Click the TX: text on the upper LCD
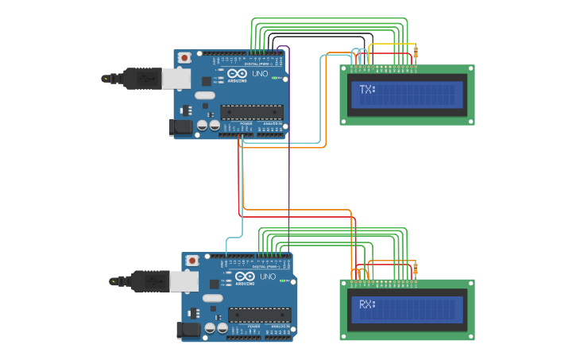(367, 90)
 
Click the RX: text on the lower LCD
(367, 304)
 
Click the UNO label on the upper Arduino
(260, 73)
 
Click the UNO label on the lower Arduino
(268, 277)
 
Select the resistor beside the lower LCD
(415, 268)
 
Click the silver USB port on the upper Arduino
(177, 78)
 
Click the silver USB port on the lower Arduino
(185, 281)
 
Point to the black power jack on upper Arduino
(180, 127)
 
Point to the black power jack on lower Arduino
(188, 330)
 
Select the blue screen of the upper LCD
(408, 95)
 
